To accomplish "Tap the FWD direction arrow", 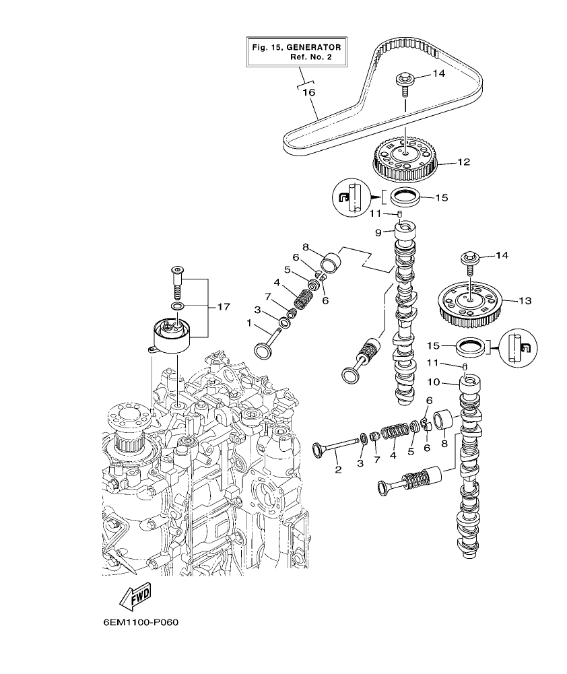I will point(134,595).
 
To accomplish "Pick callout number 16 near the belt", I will point(308,92).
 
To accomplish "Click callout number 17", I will point(223,306).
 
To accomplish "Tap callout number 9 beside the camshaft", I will point(379,232).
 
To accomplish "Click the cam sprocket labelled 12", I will point(404,158).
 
